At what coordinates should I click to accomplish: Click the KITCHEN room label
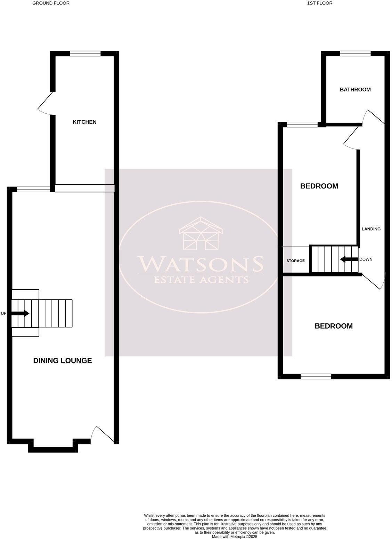(x=84, y=122)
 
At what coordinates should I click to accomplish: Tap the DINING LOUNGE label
(x=63, y=361)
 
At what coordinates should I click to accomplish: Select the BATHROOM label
(x=355, y=90)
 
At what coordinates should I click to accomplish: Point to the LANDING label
(x=371, y=229)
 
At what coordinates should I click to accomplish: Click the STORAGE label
(x=295, y=261)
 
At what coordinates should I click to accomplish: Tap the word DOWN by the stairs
(x=366, y=259)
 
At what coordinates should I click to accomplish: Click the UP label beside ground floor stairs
(x=4, y=314)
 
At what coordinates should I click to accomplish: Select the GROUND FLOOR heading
(x=51, y=3)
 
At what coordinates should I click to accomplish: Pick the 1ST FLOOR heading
(x=320, y=3)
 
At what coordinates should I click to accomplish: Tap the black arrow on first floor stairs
(x=349, y=259)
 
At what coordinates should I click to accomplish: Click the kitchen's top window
(x=85, y=54)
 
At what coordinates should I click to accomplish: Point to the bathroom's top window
(x=355, y=54)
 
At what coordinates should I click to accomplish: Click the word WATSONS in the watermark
(x=200, y=264)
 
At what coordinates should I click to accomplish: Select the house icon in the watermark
(x=201, y=234)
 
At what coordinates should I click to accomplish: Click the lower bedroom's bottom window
(x=316, y=376)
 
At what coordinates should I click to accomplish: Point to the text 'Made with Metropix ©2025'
(x=235, y=537)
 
